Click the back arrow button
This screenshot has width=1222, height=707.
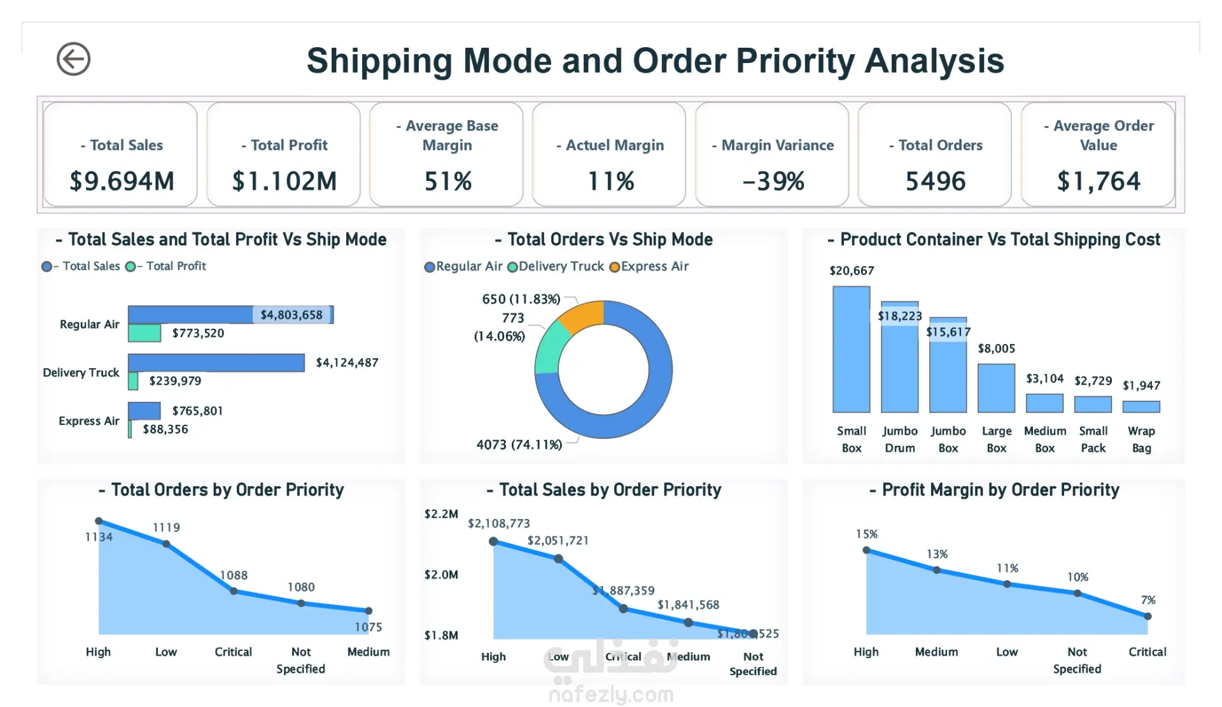coord(73,59)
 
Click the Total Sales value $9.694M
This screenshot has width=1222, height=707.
coord(122,182)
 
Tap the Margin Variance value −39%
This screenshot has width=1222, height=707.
coord(773,182)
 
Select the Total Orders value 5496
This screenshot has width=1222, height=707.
coord(936,182)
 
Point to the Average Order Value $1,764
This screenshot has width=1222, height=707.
coord(1099,182)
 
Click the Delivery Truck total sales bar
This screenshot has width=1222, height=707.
coord(216,362)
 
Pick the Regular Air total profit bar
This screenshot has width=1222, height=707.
coord(144,333)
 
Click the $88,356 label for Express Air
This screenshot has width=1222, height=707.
coord(165,429)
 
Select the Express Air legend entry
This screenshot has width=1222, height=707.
coord(649,266)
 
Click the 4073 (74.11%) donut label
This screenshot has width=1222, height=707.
coord(519,445)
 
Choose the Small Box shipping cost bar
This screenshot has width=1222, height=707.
coord(851,350)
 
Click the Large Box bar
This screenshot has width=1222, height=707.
coord(996,389)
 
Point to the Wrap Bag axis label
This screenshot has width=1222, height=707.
coord(1141,439)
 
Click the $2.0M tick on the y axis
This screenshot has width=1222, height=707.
coord(441,575)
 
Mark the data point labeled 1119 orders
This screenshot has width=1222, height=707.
coord(166,544)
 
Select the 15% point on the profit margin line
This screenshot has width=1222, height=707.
coord(866,550)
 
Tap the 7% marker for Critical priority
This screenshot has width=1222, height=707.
coord(1148,616)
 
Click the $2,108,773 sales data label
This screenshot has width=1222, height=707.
coord(499,524)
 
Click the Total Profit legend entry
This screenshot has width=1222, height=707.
coord(167,266)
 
